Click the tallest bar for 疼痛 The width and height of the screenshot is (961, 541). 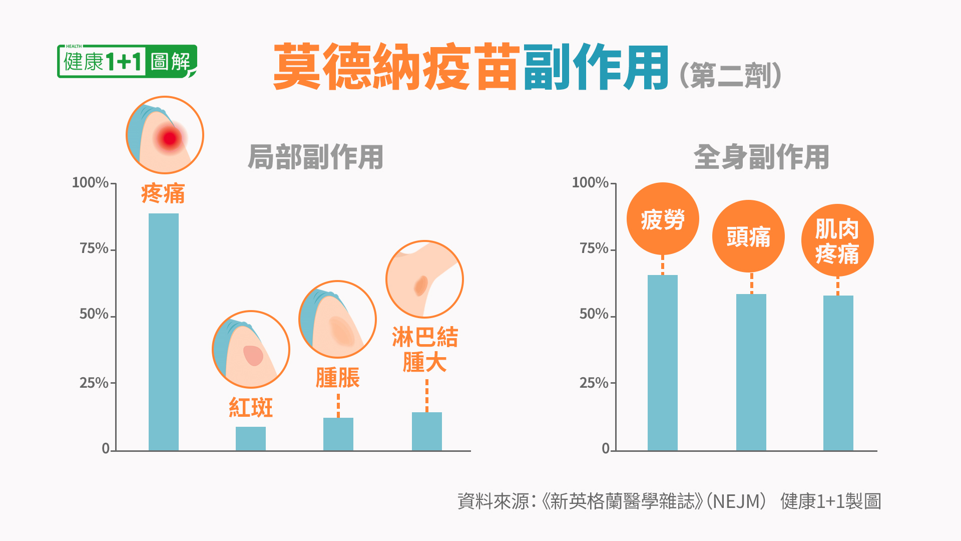pyautogui.click(x=164, y=332)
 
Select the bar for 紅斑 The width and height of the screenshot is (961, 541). pyautogui.click(x=251, y=438)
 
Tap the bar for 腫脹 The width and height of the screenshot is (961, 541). pyautogui.click(x=338, y=434)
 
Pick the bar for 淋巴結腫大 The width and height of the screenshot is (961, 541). pyautogui.click(x=427, y=431)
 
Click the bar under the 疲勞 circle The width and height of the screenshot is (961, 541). pyautogui.click(x=663, y=363)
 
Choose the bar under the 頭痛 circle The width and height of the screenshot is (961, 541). pyautogui.click(x=751, y=372)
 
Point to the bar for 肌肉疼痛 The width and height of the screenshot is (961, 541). pyautogui.click(x=838, y=373)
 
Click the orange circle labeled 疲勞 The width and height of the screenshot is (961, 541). pyautogui.click(x=663, y=219)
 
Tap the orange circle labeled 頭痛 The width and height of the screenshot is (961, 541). pyautogui.click(x=748, y=236)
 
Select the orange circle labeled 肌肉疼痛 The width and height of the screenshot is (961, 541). pyautogui.click(x=837, y=240)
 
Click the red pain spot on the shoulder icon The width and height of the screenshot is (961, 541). pyautogui.click(x=170, y=138)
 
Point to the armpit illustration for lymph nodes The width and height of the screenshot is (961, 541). pyautogui.click(x=424, y=279)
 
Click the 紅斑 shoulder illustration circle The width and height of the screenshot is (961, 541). pyautogui.click(x=251, y=349)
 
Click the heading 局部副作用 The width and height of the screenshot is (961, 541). pyautogui.click(x=316, y=157)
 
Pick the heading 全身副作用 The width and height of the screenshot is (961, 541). pyautogui.click(x=761, y=157)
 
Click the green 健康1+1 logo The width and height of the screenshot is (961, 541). pyautogui.click(x=127, y=62)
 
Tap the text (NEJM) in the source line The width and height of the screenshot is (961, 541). pyautogui.click(x=736, y=501)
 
